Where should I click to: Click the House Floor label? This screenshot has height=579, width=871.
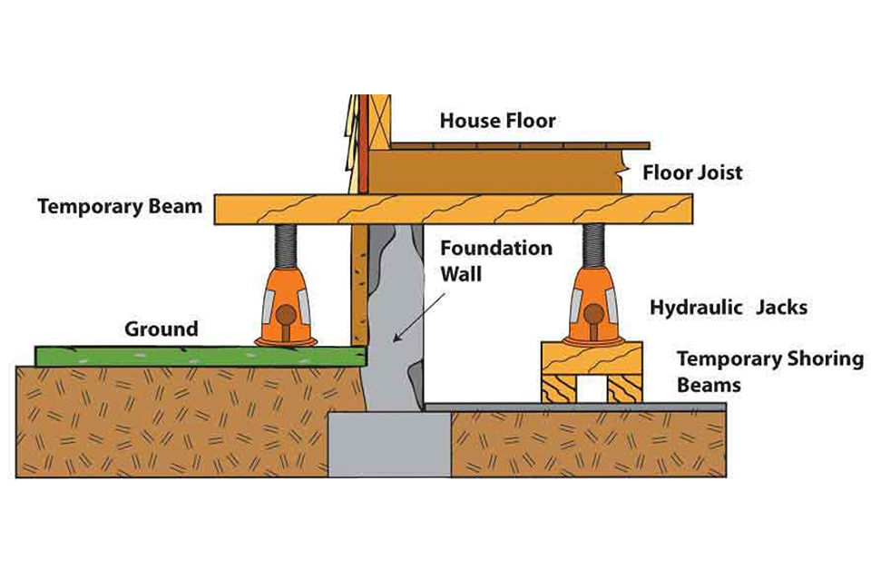point(497,120)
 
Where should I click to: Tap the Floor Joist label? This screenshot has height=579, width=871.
point(692,172)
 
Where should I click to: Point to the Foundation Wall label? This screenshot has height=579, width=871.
point(495,259)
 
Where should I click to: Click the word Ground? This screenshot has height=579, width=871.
point(161,328)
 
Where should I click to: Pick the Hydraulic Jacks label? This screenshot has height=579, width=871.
point(728,309)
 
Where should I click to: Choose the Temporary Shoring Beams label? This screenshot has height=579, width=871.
point(769,371)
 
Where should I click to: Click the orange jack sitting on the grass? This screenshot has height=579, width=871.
point(287,304)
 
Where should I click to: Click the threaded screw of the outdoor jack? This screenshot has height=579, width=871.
point(287,243)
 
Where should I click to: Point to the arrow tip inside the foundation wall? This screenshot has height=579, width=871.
point(392,341)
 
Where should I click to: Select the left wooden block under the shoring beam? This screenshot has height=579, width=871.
point(557,388)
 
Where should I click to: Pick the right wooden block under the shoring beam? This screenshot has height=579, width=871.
point(624,388)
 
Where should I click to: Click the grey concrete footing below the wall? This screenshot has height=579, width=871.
point(388,445)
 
